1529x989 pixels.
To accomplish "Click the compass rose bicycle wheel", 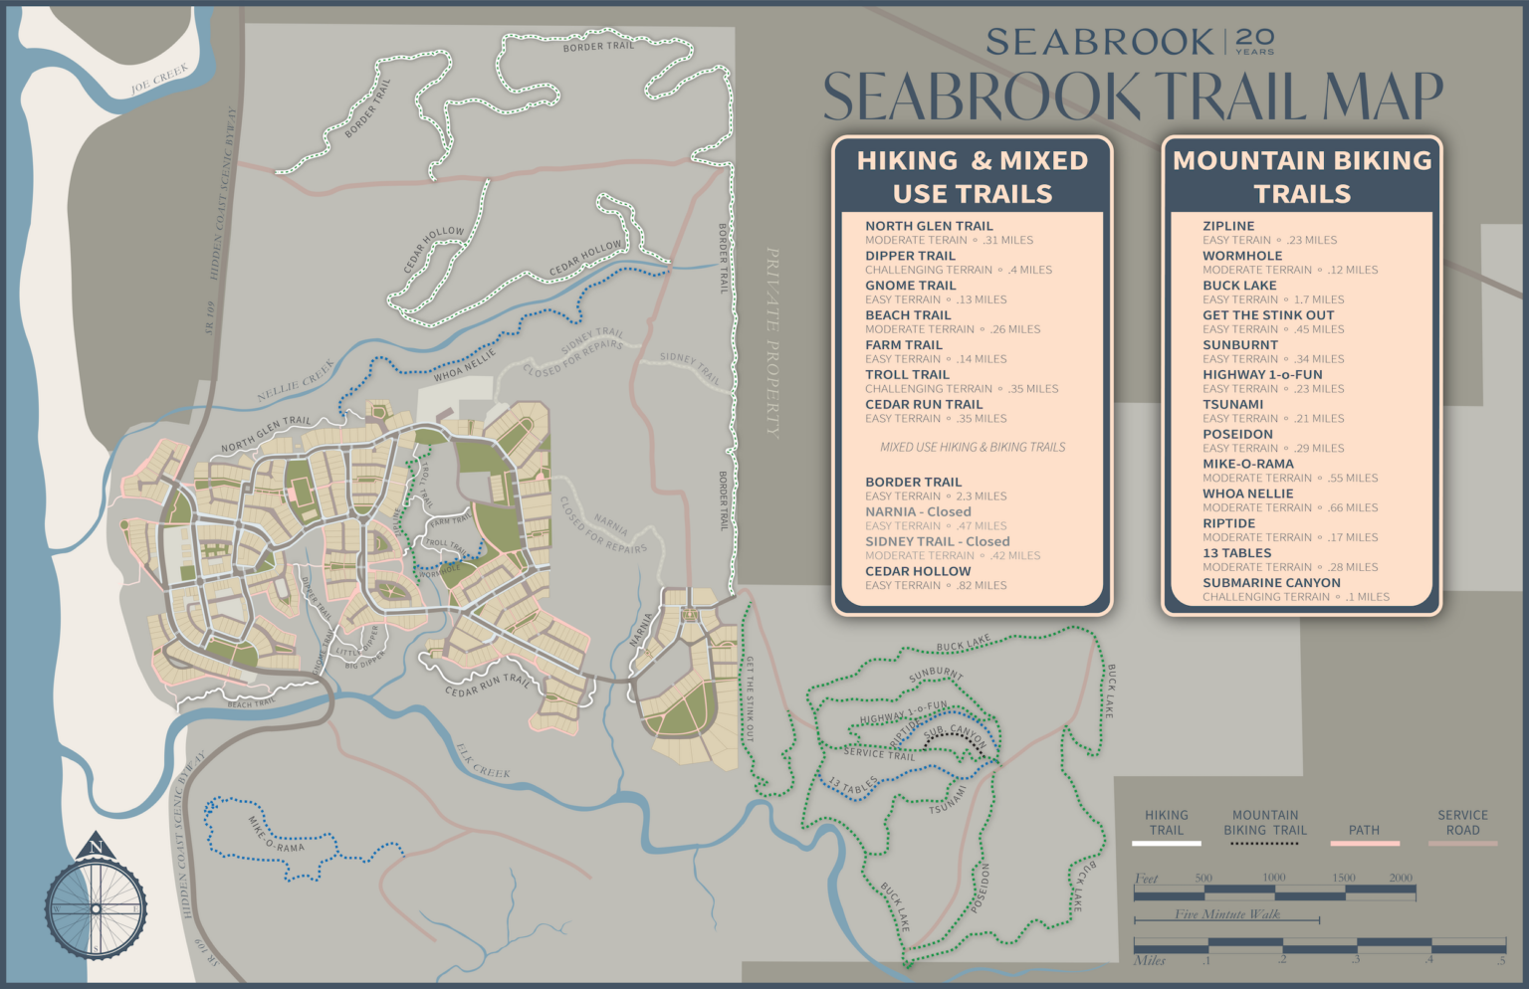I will (96, 907).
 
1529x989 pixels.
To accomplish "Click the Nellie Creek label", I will (296, 381).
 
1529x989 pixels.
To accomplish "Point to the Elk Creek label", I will (483, 760).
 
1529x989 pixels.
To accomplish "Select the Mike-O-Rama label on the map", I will (276, 834).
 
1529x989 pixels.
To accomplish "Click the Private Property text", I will (772, 342).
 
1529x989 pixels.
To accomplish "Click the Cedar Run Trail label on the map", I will (488, 686).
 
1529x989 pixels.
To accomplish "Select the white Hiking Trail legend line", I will (1166, 843).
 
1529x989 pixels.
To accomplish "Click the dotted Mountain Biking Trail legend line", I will (1264, 843).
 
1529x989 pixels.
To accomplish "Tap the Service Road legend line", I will (1462, 843).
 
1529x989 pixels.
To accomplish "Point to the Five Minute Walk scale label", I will (1226, 913).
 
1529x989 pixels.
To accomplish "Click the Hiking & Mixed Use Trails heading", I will (973, 177).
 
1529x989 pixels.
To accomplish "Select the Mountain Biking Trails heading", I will (1302, 177).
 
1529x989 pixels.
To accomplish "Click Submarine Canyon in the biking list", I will (1271, 583).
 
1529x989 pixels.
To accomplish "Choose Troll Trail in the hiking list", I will (907, 375).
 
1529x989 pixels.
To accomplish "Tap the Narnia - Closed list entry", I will (918, 511).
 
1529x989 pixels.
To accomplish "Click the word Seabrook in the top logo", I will (1099, 43).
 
